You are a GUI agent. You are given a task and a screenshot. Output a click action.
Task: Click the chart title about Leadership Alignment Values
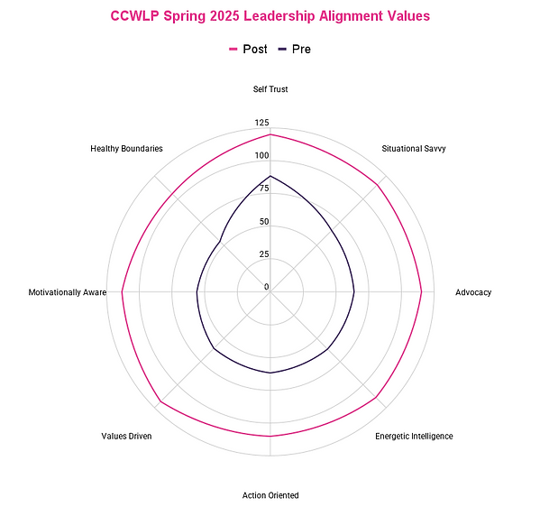click(x=270, y=16)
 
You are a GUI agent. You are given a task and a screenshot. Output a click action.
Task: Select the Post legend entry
click(x=248, y=49)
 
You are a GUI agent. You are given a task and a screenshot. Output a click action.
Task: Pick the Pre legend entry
click(x=296, y=49)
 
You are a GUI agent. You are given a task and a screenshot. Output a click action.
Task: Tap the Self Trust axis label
click(x=270, y=89)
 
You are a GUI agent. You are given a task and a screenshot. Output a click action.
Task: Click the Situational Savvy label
click(x=413, y=148)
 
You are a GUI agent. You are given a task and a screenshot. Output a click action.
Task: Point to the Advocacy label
click(x=473, y=292)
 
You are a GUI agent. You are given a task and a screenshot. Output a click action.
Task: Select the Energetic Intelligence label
click(x=414, y=437)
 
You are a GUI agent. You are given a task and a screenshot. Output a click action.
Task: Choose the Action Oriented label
click(x=270, y=495)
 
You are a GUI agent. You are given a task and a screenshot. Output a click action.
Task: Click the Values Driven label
click(x=127, y=437)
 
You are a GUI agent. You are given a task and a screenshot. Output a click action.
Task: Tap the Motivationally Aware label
click(x=67, y=292)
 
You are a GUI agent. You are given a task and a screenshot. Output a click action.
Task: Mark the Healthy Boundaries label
click(x=127, y=148)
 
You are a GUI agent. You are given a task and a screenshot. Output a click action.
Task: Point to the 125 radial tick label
click(x=261, y=123)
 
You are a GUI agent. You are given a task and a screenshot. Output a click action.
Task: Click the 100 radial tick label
click(x=261, y=155)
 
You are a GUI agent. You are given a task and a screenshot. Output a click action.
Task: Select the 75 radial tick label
click(x=263, y=189)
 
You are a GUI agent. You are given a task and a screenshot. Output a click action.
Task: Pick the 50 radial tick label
click(x=263, y=222)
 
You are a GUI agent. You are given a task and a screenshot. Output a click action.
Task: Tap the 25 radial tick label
click(x=263, y=254)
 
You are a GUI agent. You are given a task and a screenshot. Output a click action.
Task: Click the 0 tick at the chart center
click(x=266, y=287)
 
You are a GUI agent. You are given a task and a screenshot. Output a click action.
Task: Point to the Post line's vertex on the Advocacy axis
click(x=422, y=292)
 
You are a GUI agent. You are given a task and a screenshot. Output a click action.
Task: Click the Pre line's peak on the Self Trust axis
click(x=270, y=176)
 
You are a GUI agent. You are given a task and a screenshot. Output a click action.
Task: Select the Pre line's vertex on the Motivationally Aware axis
click(x=197, y=292)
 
